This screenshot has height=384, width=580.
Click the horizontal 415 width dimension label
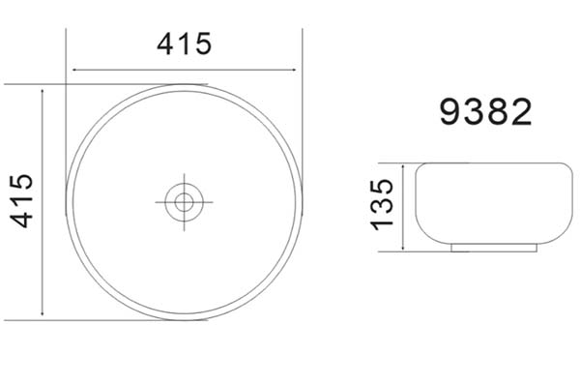coord(185,44)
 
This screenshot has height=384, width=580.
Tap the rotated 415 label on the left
coord(21,200)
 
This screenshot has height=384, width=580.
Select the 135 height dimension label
coord(382,205)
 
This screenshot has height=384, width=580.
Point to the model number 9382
coord(485,112)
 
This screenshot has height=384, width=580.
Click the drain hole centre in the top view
coord(184,202)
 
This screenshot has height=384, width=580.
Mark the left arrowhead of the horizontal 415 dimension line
coord(74,70)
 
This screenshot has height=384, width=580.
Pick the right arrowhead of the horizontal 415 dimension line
coord(294,70)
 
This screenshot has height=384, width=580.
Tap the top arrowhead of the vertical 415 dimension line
coord(43,92)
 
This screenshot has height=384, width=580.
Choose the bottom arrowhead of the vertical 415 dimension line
coord(43,313)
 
